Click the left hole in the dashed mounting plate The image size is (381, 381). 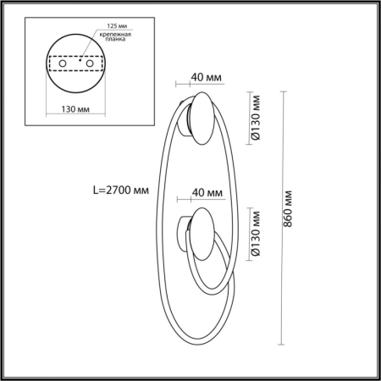coord(60,62)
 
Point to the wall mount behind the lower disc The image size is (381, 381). coord(182,233)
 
